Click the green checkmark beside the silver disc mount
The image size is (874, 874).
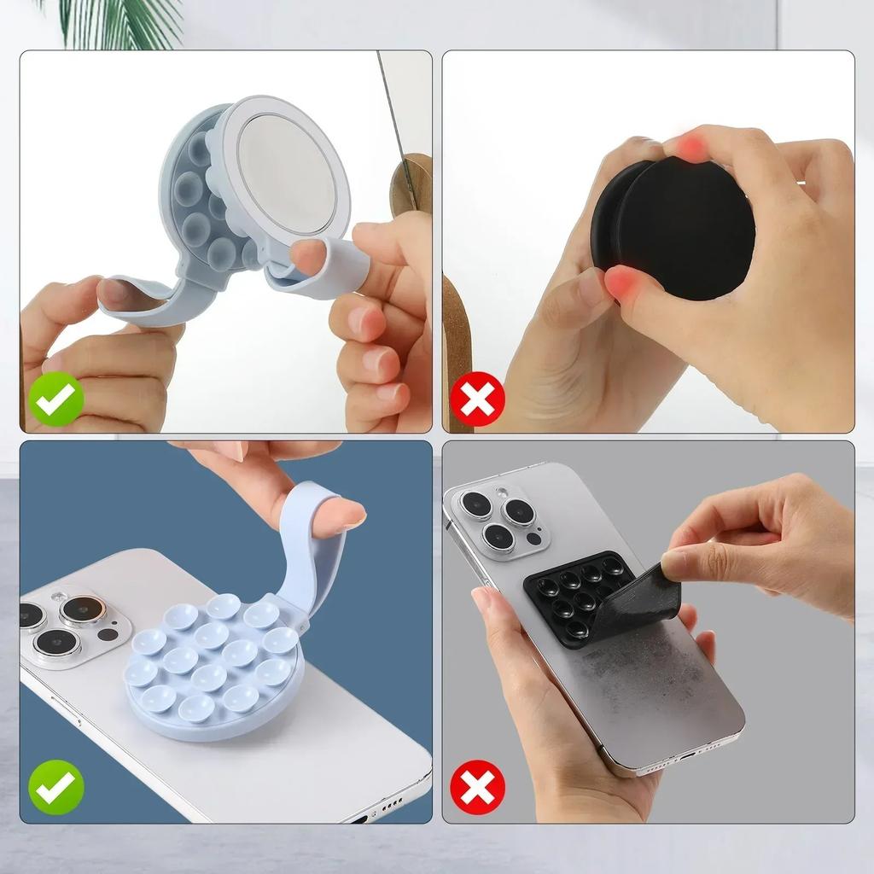(56, 399)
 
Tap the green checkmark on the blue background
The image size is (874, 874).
(56, 787)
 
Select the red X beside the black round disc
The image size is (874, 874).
(478, 399)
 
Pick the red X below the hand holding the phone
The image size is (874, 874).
(478, 787)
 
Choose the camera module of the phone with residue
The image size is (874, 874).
(499, 518)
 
